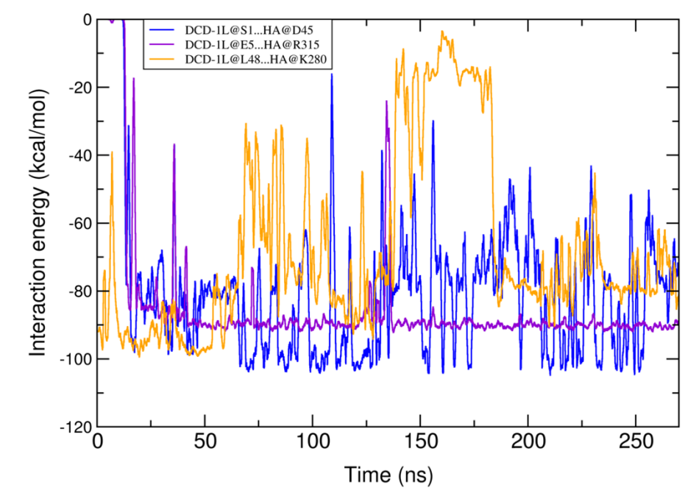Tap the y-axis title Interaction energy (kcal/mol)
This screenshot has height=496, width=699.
(40, 221)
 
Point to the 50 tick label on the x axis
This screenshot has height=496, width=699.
(205, 444)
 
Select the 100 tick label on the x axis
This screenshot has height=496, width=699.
(313, 444)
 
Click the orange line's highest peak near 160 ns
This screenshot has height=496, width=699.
(442, 32)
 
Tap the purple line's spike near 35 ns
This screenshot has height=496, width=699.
(174, 145)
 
